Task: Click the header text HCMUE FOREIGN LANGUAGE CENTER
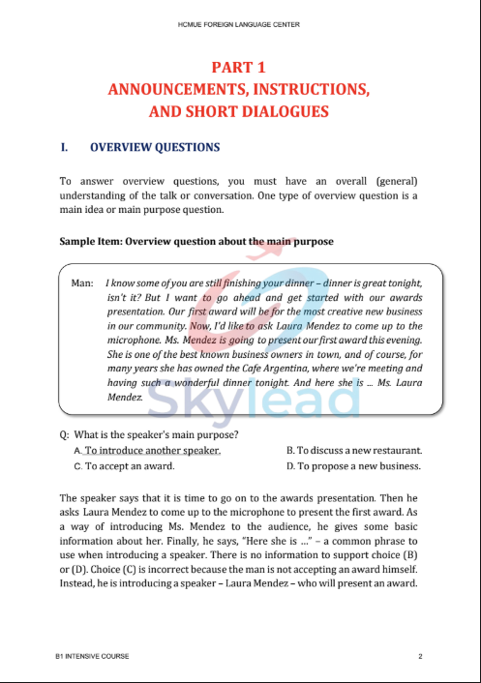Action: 239,20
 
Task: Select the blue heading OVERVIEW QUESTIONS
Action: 155,148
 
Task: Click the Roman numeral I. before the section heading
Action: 64,148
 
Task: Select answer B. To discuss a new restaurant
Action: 354,450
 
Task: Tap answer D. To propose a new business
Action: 354,465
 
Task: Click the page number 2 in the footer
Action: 420,657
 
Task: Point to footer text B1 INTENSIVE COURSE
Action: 92,657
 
